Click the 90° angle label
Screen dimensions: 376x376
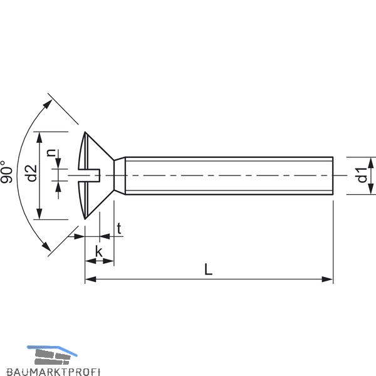[x=6, y=172]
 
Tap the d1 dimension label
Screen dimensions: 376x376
[x=362, y=175]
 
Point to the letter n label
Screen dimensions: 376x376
[x=51, y=153]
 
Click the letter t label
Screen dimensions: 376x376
[x=119, y=229]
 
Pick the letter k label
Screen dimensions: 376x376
[x=98, y=251]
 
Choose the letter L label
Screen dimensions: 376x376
[x=208, y=269]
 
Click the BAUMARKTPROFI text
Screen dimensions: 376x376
[x=53, y=372]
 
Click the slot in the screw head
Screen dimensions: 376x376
[x=89, y=175]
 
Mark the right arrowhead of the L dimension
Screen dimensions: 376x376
[x=328, y=279]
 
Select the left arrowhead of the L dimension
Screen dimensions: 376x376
[x=91, y=279]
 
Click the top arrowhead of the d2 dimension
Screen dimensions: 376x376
[x=39, y=137]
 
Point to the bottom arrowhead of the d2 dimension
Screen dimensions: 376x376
[x=39, y=214]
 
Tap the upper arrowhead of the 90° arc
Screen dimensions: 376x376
[x=48, y=104]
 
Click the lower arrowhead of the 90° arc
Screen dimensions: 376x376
[x=46, y=246]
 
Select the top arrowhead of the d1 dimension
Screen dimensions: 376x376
[x=371, y=162]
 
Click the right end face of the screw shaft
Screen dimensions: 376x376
[x=333, y=175]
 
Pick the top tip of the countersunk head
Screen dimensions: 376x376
[x=85, y=132]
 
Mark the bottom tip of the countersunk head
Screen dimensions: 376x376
[x=85, y=219]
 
